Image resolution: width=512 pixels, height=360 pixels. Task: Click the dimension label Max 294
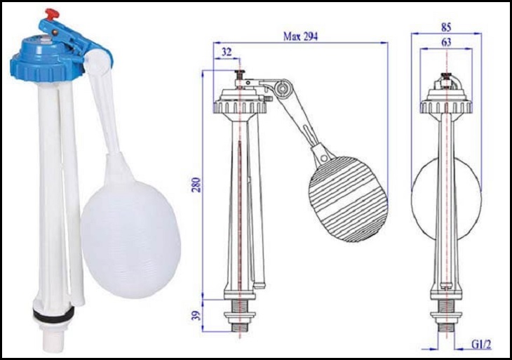[300, 36]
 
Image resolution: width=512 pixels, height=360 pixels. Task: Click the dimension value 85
[446, 26]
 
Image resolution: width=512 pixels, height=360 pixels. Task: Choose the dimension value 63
[446, 43]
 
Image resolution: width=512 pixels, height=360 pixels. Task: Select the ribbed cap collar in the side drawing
[241, 107]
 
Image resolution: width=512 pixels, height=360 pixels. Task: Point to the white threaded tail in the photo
[50, 332]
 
